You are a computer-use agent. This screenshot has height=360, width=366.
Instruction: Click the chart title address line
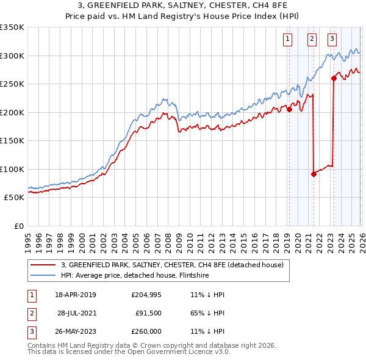pos(183,5)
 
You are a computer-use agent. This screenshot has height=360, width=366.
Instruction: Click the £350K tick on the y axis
pos(12,27)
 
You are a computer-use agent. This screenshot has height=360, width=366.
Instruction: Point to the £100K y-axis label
pos(12,169)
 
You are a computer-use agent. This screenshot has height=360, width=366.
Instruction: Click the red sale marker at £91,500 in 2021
pos(314,174)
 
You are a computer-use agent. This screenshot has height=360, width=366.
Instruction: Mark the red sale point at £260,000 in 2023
pos(334,78)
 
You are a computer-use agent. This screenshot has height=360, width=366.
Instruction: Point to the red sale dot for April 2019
pos(289,110)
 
